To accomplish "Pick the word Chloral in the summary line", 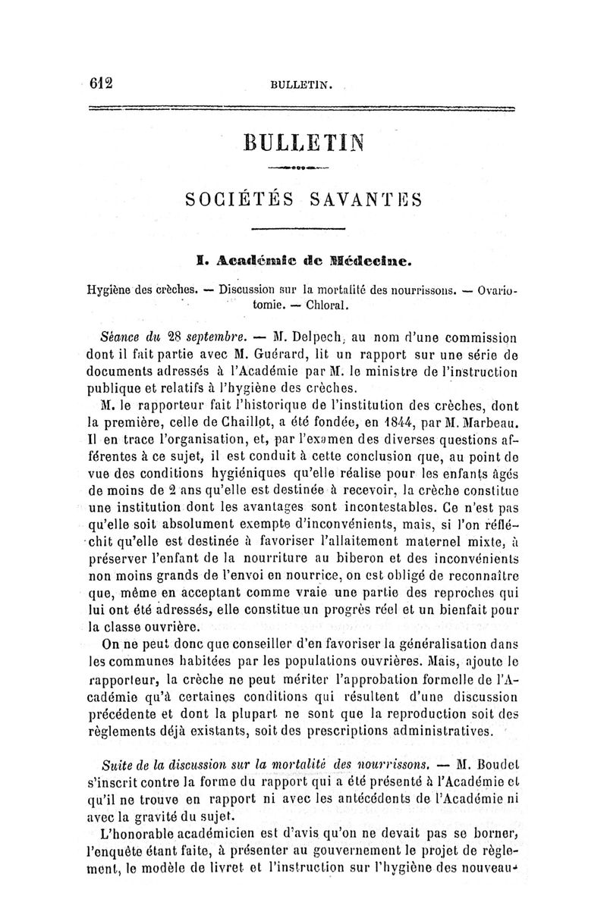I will click(328, 305).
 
